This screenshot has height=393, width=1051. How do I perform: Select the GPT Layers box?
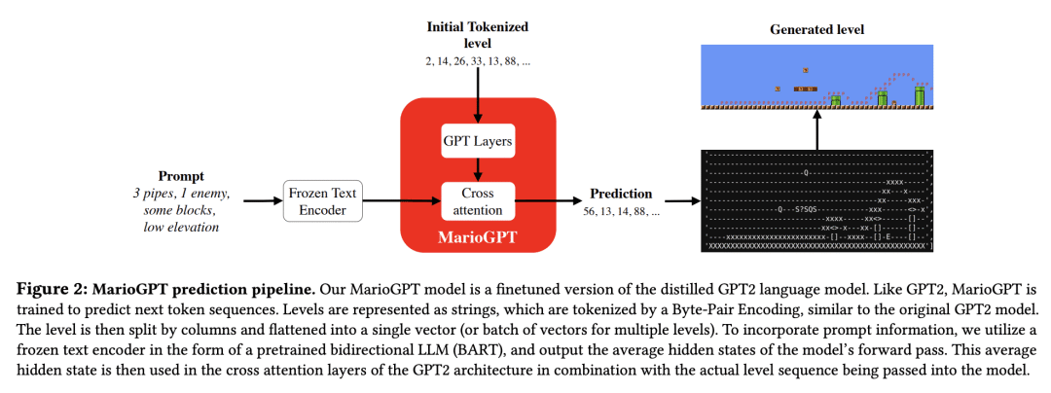(x=477, y=142)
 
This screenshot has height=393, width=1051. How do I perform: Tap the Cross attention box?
(x=477, y=200)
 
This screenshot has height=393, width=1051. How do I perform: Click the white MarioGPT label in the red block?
(x=477, y=236)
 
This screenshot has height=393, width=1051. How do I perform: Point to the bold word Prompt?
(x=180, y=176)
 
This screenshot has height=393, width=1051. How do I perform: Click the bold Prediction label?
(x=621, y=194)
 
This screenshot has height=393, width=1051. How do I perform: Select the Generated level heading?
(x=816, y=30)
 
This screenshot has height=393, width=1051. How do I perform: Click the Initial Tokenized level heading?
(x=477, y=34)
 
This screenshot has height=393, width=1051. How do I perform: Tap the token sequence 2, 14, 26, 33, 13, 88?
(x=477, y=61)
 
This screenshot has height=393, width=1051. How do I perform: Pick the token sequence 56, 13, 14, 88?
(x=621, y=210)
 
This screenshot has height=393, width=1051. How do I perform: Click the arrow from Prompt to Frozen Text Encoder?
(x=260, y=200)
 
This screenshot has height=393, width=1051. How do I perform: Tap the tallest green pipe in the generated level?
(x=919, y=94)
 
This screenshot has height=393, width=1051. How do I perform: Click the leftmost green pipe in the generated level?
(x=835, y=99)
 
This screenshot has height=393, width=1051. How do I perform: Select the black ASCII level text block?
(x=816, y=200)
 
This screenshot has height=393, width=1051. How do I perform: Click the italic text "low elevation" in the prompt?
(x=180, y=227)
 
